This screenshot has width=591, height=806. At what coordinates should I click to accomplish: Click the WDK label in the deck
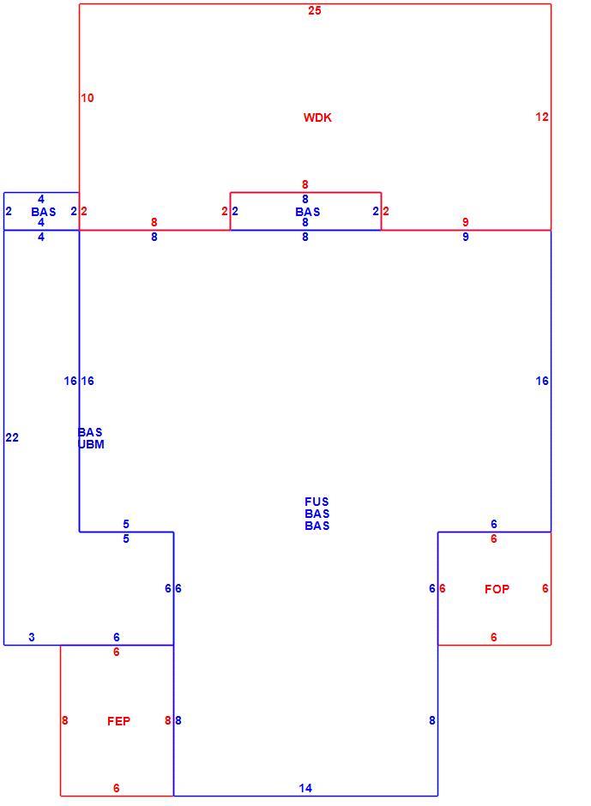(317, 117)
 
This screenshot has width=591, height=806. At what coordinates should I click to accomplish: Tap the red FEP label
(118, 721)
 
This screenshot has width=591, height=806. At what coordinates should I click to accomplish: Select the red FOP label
(497, 589)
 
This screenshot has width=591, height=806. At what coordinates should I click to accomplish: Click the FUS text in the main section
(317, 502)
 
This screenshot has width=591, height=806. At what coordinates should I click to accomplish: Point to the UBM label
(92, 444)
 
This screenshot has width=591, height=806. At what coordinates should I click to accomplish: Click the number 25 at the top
(314, 10)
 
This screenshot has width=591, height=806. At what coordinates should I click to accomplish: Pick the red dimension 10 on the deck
(87, 98)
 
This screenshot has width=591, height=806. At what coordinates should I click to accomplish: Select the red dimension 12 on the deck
(541, 117)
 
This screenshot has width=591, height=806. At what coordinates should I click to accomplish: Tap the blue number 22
(12, 437)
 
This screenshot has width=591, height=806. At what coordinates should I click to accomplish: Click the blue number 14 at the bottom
(305, 788)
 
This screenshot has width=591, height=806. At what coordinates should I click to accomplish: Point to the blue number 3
(32, 637)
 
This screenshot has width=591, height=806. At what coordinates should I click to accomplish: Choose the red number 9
(466, 222)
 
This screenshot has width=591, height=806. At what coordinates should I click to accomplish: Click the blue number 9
(466, 237)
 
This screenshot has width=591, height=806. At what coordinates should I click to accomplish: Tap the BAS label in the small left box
(43, 212)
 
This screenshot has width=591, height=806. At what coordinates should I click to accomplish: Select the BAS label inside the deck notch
(308, 212)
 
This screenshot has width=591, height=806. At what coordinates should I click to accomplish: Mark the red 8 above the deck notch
(305, 184)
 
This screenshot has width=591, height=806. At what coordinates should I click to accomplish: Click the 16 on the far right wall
(542, 381)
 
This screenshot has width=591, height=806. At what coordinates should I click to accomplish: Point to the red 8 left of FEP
(65, 720)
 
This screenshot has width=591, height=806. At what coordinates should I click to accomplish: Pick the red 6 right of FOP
(546, 588)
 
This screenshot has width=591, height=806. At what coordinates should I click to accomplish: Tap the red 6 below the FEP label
(117, 788)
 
